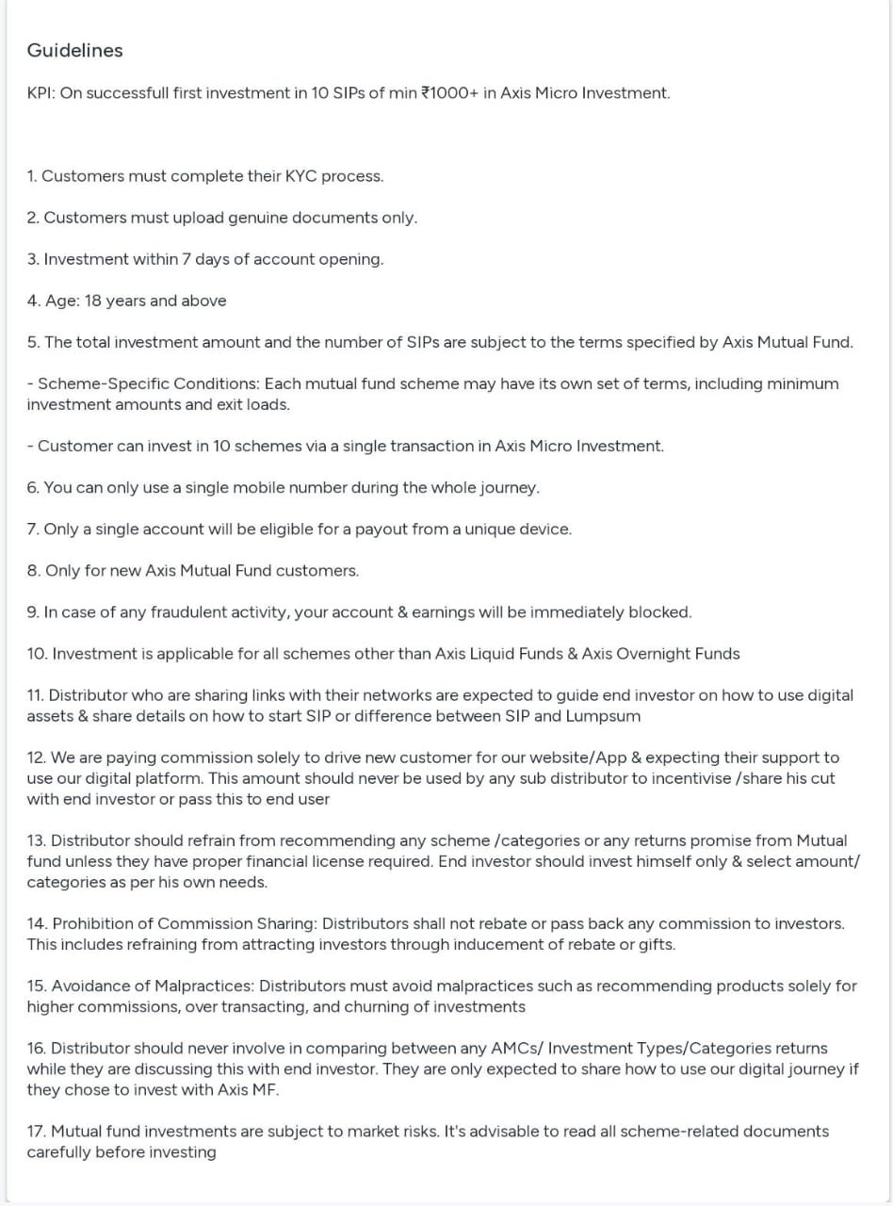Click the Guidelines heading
pos(74,51)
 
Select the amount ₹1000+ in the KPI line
pos(449,93)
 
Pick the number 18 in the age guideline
pos(92,301)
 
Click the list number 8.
pos(33,571)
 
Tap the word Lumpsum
pos(603,716)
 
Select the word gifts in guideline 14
pos(655,944)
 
